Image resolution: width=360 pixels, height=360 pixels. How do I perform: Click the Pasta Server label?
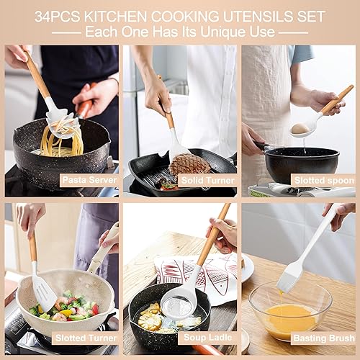(89, 179)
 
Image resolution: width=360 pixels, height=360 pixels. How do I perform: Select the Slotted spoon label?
(323, 179)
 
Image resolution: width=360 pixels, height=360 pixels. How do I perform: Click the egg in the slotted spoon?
(300, 128)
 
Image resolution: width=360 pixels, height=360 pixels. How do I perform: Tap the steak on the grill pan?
(190, 165)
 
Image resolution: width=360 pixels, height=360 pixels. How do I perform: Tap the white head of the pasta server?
(62, 122)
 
